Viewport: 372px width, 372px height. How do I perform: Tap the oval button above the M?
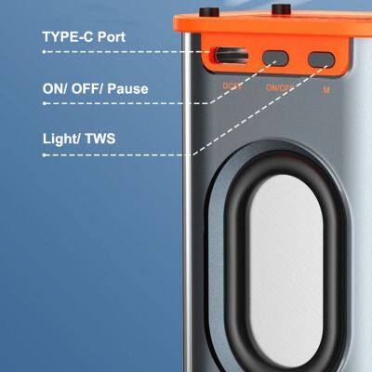[x=320, y=58]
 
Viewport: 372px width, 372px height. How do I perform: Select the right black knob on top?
[x=279, y=10]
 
